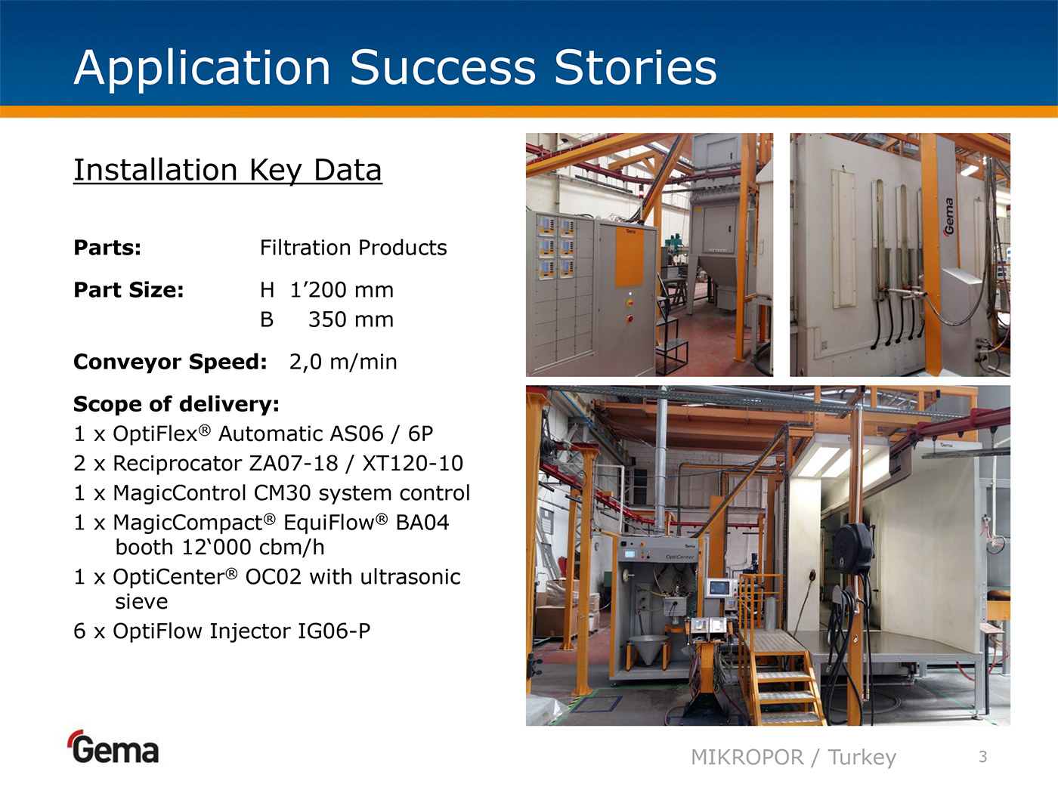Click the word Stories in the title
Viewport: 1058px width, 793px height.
636,67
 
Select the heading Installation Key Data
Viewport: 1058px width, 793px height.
227,171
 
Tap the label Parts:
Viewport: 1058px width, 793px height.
107,248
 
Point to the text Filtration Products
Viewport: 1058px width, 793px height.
354,248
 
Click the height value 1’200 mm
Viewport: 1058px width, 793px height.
342,290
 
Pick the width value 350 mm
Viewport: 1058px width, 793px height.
351,319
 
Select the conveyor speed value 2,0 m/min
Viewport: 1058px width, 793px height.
343,362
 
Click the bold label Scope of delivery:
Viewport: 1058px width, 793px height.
176,404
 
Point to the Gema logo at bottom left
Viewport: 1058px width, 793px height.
114,747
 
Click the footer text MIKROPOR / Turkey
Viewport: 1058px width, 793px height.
793,758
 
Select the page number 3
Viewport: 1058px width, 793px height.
983,757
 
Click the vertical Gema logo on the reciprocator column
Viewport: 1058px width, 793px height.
948,217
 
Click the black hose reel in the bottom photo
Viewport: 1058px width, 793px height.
854,549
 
